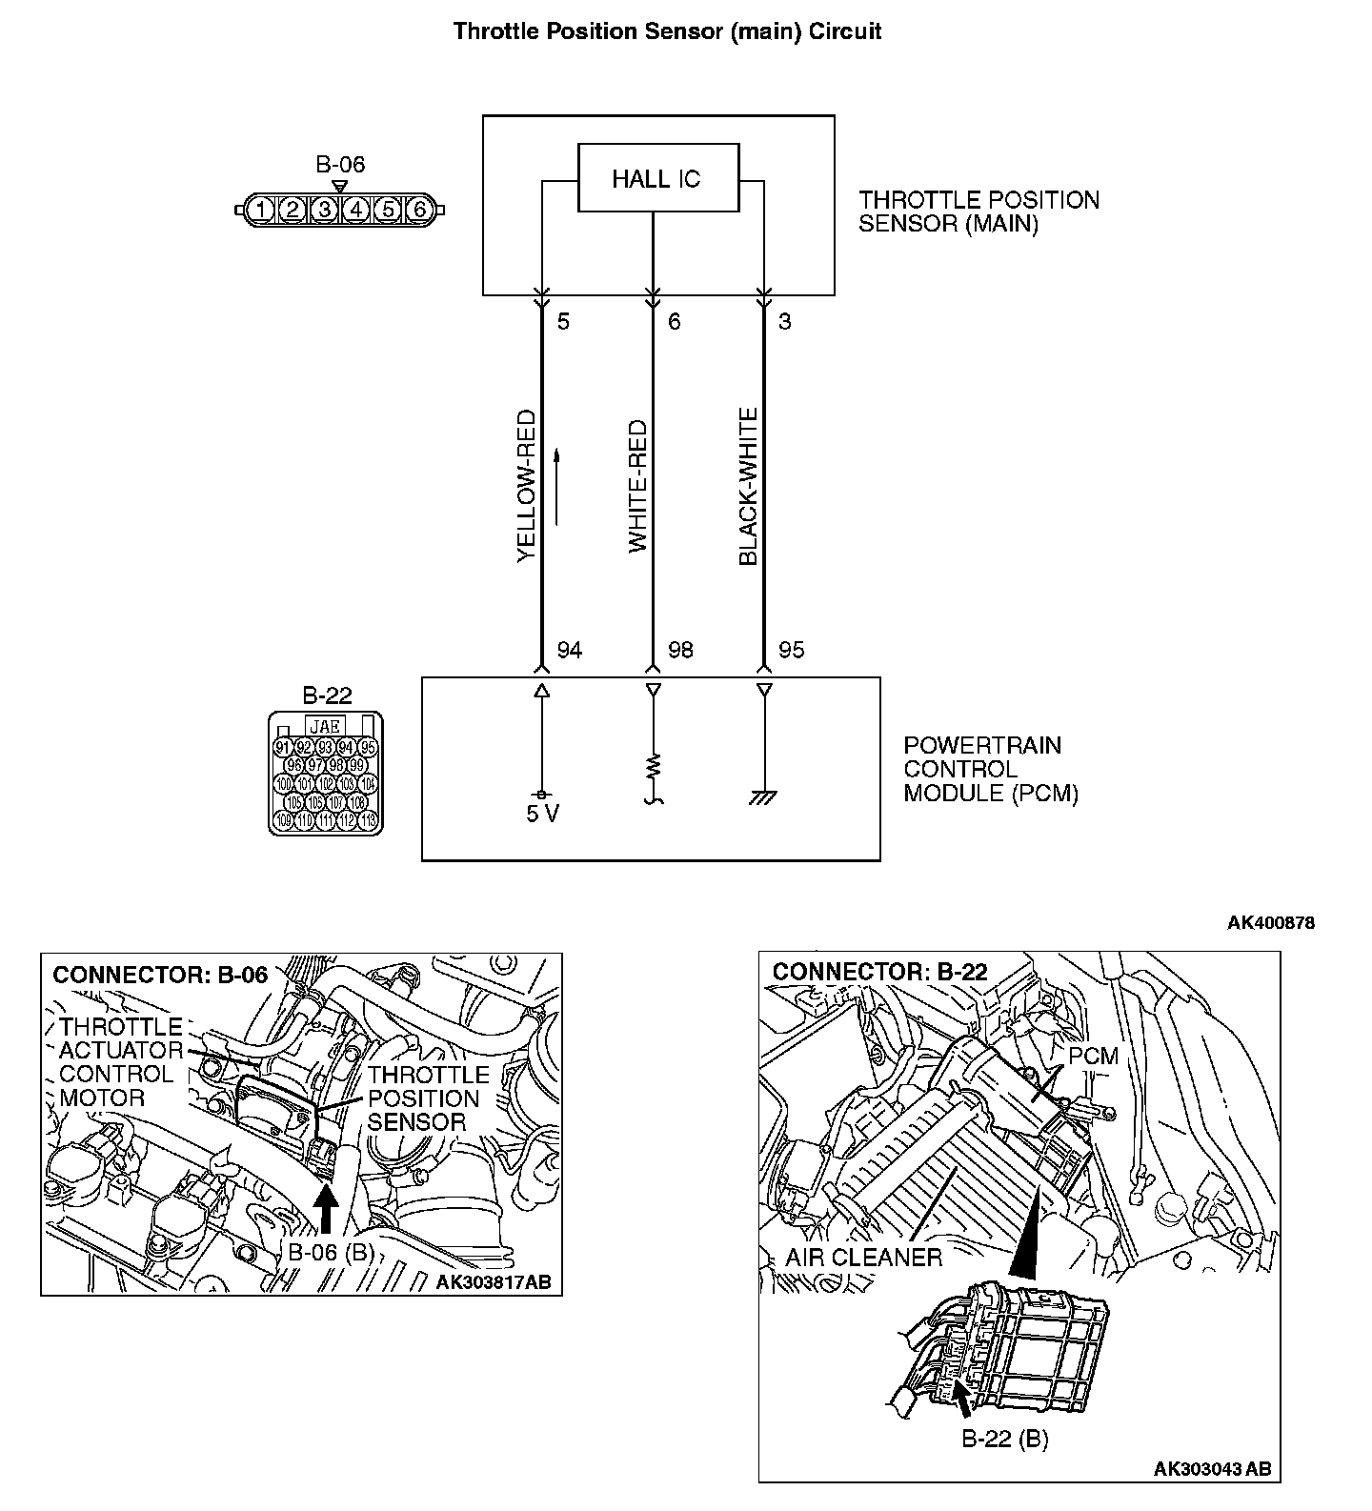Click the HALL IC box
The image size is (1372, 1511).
click(657, 178)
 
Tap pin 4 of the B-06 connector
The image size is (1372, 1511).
click(356, 210)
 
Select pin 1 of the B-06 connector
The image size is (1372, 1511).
click(262, 210)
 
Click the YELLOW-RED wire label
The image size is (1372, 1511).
click(527, 486)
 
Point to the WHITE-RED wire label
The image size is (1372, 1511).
click(637, 488)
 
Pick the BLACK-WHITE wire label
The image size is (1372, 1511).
click(748, 487)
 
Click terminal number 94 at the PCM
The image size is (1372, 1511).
click(569, 650)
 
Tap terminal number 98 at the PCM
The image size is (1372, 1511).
click(680, 650)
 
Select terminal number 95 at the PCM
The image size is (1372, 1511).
click(791, 650)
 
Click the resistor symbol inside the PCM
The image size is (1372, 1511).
click(653, 767)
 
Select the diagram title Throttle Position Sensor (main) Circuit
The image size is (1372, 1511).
click(667, 31)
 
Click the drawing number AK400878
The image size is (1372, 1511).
click(1270, 922)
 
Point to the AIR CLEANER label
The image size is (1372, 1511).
click(863, 1258)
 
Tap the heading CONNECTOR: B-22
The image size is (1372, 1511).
click(879, 972)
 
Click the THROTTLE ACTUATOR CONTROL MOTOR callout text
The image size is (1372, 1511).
click(120, 1062)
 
